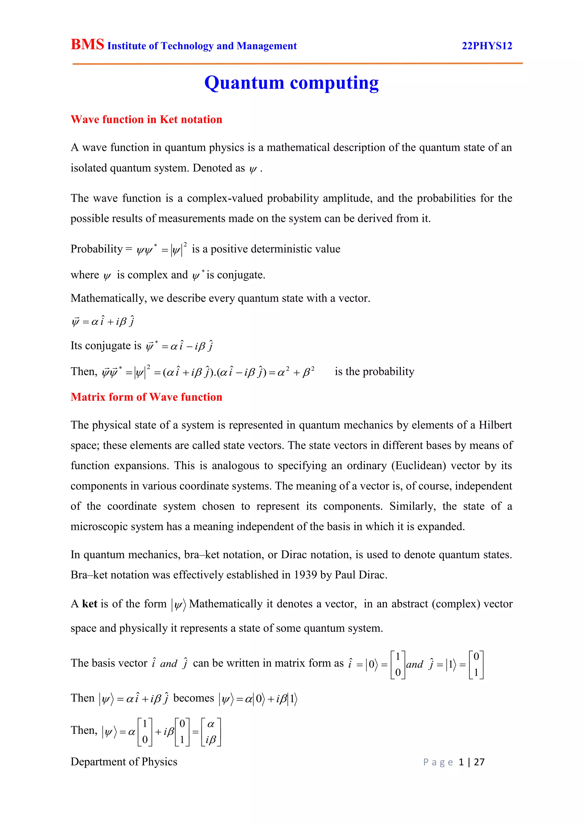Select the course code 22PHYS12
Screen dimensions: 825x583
487,46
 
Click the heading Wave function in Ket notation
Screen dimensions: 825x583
146,119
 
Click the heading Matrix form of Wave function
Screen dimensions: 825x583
146,397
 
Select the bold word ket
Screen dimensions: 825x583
89,604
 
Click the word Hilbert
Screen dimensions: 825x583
495,425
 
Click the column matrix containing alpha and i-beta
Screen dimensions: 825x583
211,732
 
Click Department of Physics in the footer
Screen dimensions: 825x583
124,762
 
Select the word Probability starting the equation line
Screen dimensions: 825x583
97,249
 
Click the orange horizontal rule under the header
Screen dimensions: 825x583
297,64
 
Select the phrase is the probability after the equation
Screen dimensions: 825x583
374,371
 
